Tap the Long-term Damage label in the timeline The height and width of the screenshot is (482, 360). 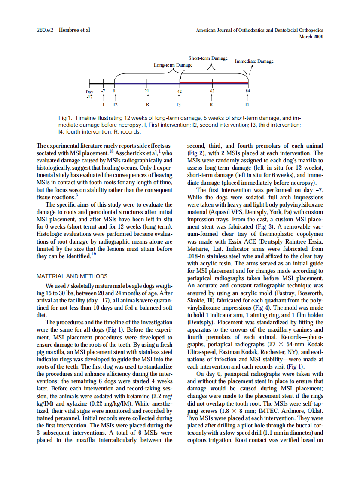[x=173, y=65]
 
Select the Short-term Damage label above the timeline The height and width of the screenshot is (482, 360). [x=208, y=58]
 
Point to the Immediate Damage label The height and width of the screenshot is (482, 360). [x=254, y=61]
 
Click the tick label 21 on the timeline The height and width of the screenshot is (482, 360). [x=147, y=91]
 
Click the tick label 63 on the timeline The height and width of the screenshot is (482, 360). [x=212, y=91]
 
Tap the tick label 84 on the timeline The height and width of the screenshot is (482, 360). [x=247, y=91]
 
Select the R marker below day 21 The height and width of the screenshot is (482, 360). [x=147, y=104]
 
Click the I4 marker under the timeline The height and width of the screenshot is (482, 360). [x=247, y=104]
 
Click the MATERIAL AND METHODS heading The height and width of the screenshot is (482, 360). [x=72, y=276]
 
